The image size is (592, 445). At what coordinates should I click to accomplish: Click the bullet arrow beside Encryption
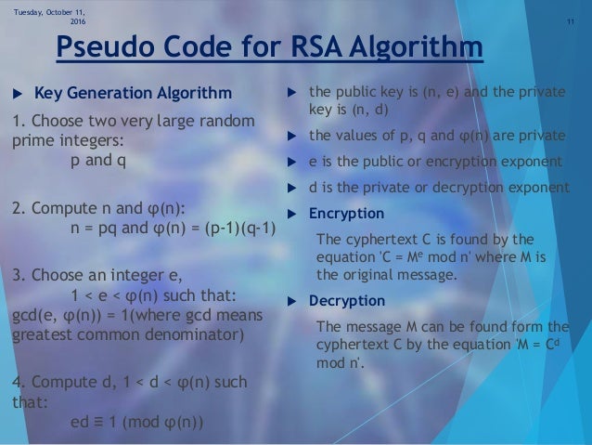click(x=292, y=212)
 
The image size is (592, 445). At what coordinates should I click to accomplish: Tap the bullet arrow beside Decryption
click(x=292, y=300)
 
